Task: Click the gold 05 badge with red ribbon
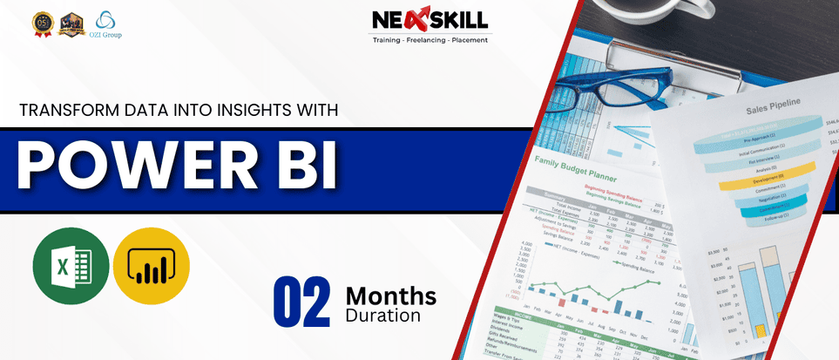40,24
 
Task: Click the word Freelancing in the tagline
433,41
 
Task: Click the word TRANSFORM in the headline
62,111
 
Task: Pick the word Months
390,295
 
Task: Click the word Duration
383,316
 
